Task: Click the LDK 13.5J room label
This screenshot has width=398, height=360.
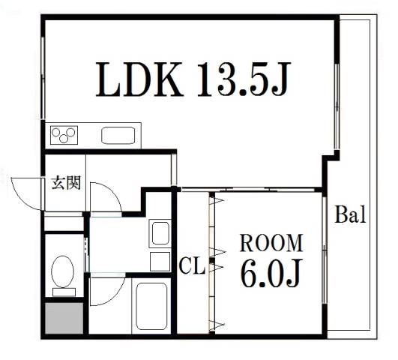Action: [193, 79]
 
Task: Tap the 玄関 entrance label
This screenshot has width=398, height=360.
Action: [66, 182]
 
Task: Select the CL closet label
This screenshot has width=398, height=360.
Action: [192, 266]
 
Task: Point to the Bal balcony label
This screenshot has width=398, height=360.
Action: [350, 214]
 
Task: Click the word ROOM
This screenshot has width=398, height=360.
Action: [271, 243]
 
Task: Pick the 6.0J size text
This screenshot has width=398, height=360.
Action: [271, 273]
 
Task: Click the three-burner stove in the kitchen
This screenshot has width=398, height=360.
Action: [64, 135]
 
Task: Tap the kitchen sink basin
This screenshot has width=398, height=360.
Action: [118, 136]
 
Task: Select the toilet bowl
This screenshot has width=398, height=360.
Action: [63, 271]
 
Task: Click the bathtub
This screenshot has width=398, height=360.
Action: [151, 306]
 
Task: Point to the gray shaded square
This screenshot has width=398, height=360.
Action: [64, 318]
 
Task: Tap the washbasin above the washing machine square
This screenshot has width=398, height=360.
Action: [160, 233]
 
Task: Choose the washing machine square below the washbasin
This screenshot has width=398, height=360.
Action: [160, 262]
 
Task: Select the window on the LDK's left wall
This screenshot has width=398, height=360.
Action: [43, 77]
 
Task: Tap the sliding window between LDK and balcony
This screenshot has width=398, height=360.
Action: [337, 106]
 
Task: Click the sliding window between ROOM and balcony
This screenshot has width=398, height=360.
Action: [325, 250]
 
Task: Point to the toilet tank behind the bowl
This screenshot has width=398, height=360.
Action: [64, 292]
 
